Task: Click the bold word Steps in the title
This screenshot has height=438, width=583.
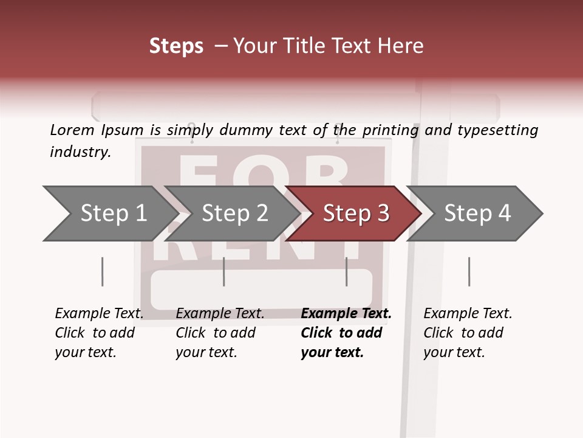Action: click(x=176, y=46)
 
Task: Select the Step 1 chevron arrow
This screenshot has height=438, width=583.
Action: click(x=109, y=214)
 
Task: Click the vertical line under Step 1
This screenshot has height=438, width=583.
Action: click(x=103, y=271)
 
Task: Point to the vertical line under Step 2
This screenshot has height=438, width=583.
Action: click(x=224, y=271)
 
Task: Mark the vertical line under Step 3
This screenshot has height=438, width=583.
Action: click(x=347, y=271)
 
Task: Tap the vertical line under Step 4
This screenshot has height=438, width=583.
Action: click(x=469, y=271)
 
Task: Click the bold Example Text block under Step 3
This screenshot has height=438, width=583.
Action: click(x=346, y=333)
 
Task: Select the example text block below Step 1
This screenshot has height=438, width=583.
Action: click(x=99, y=333)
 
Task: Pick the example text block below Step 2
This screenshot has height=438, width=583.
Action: click(x=220, y=333)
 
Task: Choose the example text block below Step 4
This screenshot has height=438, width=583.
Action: click(x=468, y=333)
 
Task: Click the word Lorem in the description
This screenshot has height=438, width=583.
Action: click(x=72, y=130)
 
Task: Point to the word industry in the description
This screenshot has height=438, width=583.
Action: click(x=80, y=151)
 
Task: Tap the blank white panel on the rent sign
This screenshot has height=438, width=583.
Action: click(x=261, y=289)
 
